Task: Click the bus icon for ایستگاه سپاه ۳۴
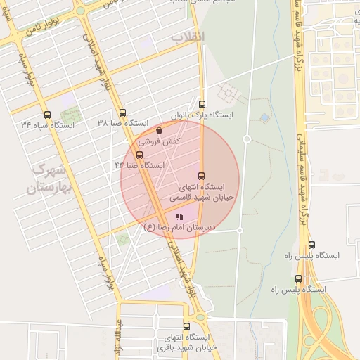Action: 47,115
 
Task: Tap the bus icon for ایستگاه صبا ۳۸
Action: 122,112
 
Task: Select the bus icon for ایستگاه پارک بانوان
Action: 202,103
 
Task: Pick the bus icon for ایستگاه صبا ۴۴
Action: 139,155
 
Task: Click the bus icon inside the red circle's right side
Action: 202,176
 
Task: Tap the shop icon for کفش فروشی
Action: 159,130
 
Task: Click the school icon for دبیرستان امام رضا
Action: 180,217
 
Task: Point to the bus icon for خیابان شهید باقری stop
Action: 186,326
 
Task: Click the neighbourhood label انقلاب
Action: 188,37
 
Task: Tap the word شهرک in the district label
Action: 48,171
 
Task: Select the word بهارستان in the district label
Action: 44,188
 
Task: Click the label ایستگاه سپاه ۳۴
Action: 48,125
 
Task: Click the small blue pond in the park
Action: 265,117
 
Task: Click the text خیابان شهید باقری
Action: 185,347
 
